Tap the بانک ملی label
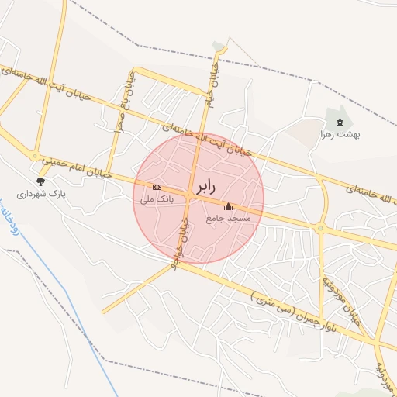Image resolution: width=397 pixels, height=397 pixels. pos(157,199)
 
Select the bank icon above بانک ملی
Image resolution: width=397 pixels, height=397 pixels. pos(157,187)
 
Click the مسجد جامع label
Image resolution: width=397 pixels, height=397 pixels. pos(229,219)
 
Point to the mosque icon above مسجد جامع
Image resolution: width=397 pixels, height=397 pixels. pos(228,207)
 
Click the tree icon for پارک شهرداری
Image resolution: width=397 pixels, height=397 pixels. pos(40,181)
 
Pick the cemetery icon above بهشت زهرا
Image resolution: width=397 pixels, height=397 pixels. pos(339,122)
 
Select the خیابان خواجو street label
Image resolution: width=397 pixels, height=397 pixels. pos(185,236)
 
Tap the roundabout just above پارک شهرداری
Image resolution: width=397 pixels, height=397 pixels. pos(34,156)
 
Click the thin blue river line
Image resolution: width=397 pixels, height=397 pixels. pos(58,280)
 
